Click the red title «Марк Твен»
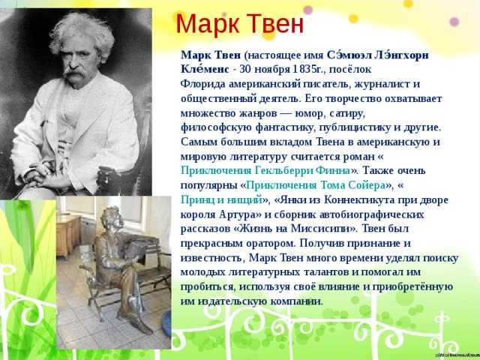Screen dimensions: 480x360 240,25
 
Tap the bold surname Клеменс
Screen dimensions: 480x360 205,69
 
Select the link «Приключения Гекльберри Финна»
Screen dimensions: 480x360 265,170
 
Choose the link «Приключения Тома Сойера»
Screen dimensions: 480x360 315,185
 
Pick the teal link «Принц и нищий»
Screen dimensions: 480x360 222,200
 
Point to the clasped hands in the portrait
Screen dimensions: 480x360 40,174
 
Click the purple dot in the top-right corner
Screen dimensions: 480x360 454,22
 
